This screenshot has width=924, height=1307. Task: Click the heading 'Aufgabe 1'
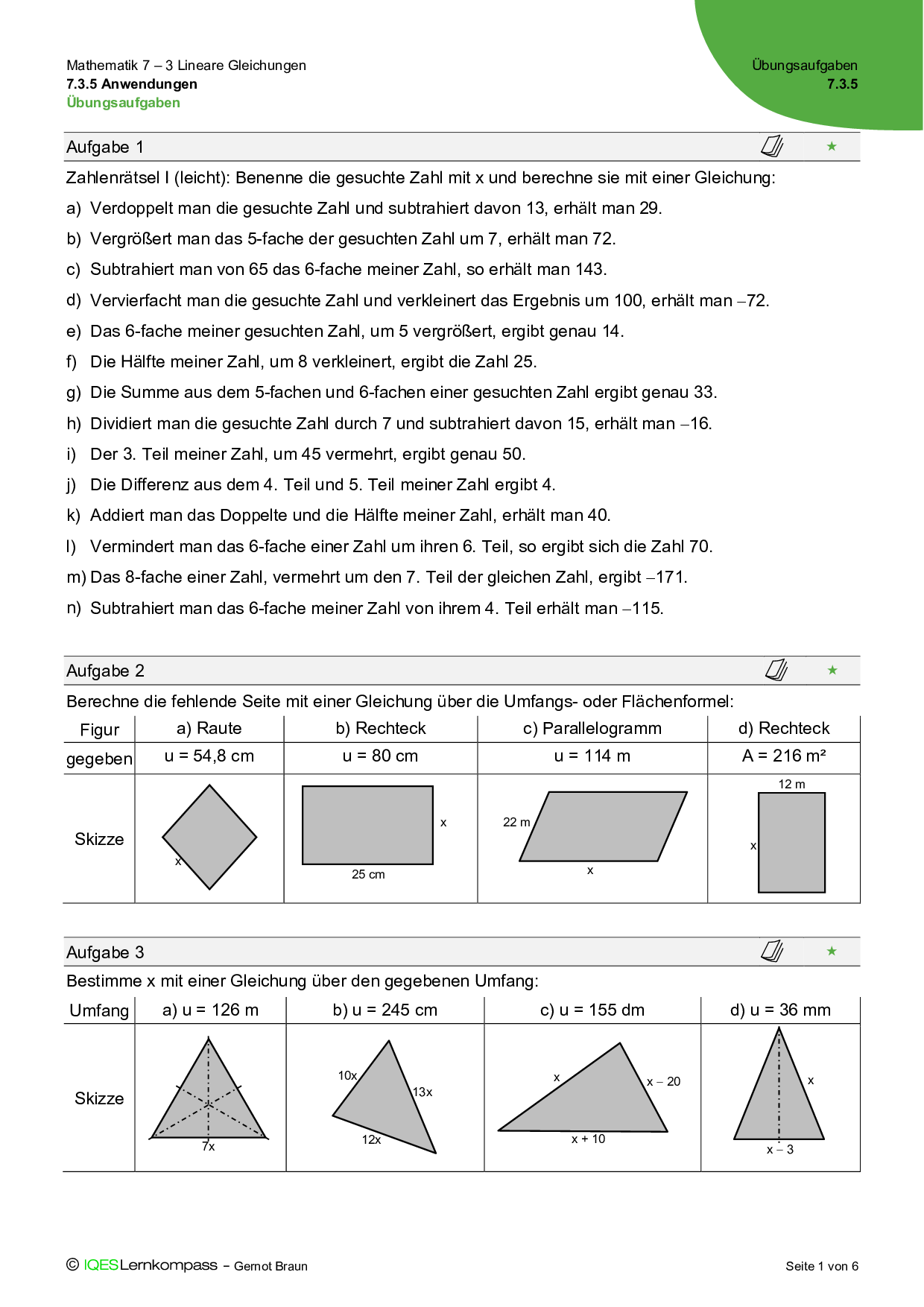105,148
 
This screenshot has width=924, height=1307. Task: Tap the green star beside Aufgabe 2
832,671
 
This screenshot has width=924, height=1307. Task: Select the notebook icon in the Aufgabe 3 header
772,951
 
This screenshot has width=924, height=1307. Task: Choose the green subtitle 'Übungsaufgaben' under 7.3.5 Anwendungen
124,103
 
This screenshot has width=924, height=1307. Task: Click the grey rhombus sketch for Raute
209,837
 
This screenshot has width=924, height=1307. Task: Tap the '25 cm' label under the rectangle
368,875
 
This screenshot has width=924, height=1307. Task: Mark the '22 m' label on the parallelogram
516,823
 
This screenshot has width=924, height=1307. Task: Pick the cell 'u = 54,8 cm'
209,756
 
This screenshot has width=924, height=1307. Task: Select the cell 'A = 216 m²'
784,756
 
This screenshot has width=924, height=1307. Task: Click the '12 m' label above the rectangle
791,785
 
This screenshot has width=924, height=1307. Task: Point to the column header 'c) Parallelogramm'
592,729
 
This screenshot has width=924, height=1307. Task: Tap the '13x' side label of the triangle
423,1092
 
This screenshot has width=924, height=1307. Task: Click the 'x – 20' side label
663,1082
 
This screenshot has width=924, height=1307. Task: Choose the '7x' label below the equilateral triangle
209,1147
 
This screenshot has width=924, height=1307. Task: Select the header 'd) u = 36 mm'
780,1010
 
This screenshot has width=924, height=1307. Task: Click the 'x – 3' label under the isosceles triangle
780,1150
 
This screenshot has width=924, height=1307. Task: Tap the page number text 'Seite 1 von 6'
822,1266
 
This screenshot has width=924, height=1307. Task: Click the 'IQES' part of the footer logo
101,1265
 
